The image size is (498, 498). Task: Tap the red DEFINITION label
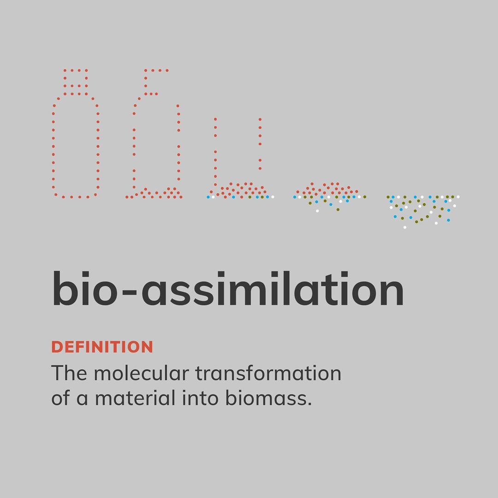(102, 347)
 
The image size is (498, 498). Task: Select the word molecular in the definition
(142, 373)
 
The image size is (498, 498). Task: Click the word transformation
(268, 373)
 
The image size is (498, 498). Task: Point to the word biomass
(266, 397)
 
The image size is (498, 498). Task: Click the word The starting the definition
(69, 373)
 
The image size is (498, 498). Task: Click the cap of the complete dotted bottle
(76, 82)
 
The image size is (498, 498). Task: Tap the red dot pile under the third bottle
(240, 190)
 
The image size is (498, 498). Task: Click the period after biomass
(310, 404)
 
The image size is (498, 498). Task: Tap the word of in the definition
(60, 397)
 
